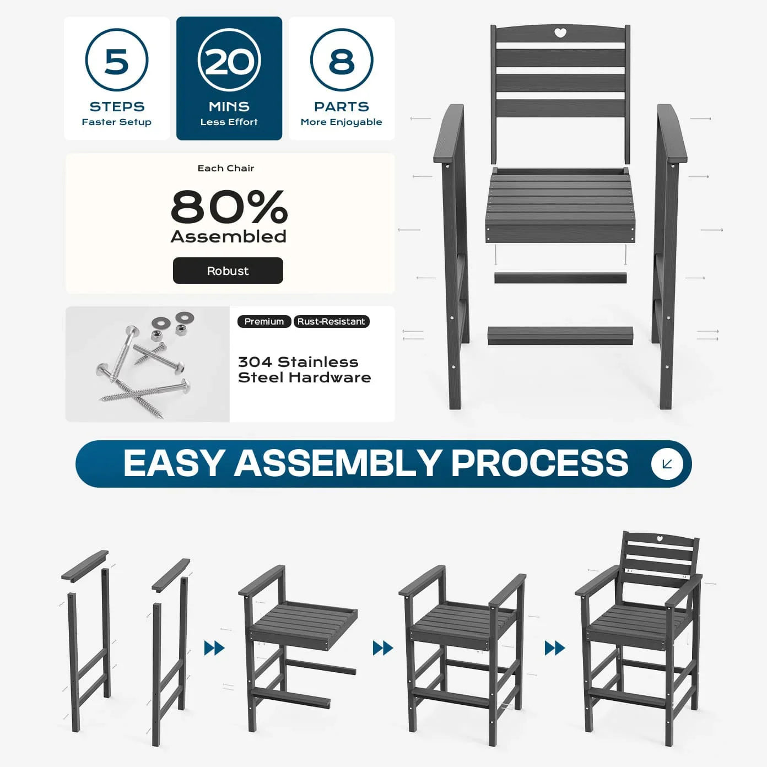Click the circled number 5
(117, 60)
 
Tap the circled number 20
(229, 60)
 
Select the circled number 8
(342, 60)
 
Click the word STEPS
(117, 107)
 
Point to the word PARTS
(342, 107)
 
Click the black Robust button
(228, 271)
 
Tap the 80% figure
(229, 207)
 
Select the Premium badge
(264, 321)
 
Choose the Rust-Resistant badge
(332, 321)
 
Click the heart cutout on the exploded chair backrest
(560, 33)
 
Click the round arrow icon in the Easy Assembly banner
(667, 464)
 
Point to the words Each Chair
(226, 169)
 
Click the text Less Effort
(229, 122)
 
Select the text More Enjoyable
(342, 122)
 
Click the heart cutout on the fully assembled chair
(660, 539)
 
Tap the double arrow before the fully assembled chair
(555, 648)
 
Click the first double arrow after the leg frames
(214, 648)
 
